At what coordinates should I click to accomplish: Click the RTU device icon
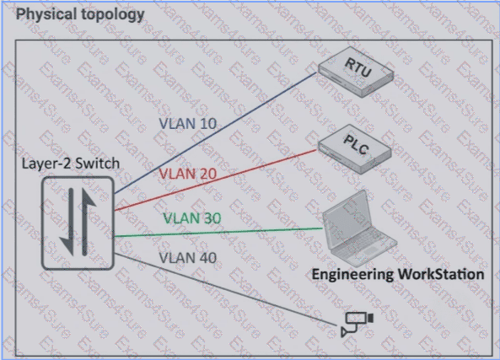click(356, 72)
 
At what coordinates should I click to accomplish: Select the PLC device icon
click(355, 149)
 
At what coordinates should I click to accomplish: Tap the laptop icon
click(359, 228)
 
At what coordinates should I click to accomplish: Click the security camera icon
click(358, 324)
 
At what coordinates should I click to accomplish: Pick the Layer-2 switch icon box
click(78, 223)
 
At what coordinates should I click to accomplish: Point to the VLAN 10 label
click(188, 124)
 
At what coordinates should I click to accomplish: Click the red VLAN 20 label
click(188, 174)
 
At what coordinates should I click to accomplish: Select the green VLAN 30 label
click(192, 218)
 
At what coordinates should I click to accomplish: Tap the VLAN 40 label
click(188, 258)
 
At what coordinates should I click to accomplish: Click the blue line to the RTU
click(216, 132)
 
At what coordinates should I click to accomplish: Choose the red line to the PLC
click(216, 180)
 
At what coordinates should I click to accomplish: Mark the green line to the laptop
click(218, 233)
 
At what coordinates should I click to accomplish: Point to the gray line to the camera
click(225, 289)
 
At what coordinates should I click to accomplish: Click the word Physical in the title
click(46, 14)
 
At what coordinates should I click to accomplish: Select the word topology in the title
click(113, 15)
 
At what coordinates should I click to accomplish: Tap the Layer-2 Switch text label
click(71, 164)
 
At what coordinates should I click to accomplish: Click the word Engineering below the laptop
click(352, 275)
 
